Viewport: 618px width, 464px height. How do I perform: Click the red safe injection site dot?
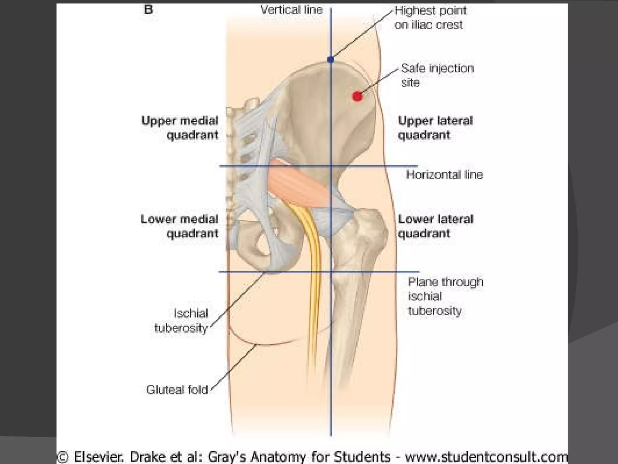click(x=357, y=96)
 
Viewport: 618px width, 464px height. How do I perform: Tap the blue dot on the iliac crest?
click(x=331, y=60)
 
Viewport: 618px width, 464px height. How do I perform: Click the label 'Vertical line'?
click(x=291, y=10)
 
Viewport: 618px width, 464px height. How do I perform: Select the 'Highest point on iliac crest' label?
click(x=430, y=18)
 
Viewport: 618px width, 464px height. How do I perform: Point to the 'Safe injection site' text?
click(x=437, y=75)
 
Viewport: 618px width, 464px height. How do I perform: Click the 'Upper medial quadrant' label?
click(x=180, y=128)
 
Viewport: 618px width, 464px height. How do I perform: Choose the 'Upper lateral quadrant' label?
click(x=435, y=128)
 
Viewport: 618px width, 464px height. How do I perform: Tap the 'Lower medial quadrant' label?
click(x=180, y=226)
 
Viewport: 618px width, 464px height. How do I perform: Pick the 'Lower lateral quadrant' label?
click(x=435, y=226)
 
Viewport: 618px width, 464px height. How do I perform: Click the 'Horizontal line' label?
click(x=444, y=175)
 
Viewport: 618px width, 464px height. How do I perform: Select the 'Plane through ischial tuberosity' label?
click(x=445, y=296)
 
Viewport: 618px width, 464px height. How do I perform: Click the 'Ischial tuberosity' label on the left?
click(x=182, y=321)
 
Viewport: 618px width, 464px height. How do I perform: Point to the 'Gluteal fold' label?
click(x=177, y=390)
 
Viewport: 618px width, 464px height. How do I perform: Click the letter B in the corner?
click(x=148, y=10)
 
